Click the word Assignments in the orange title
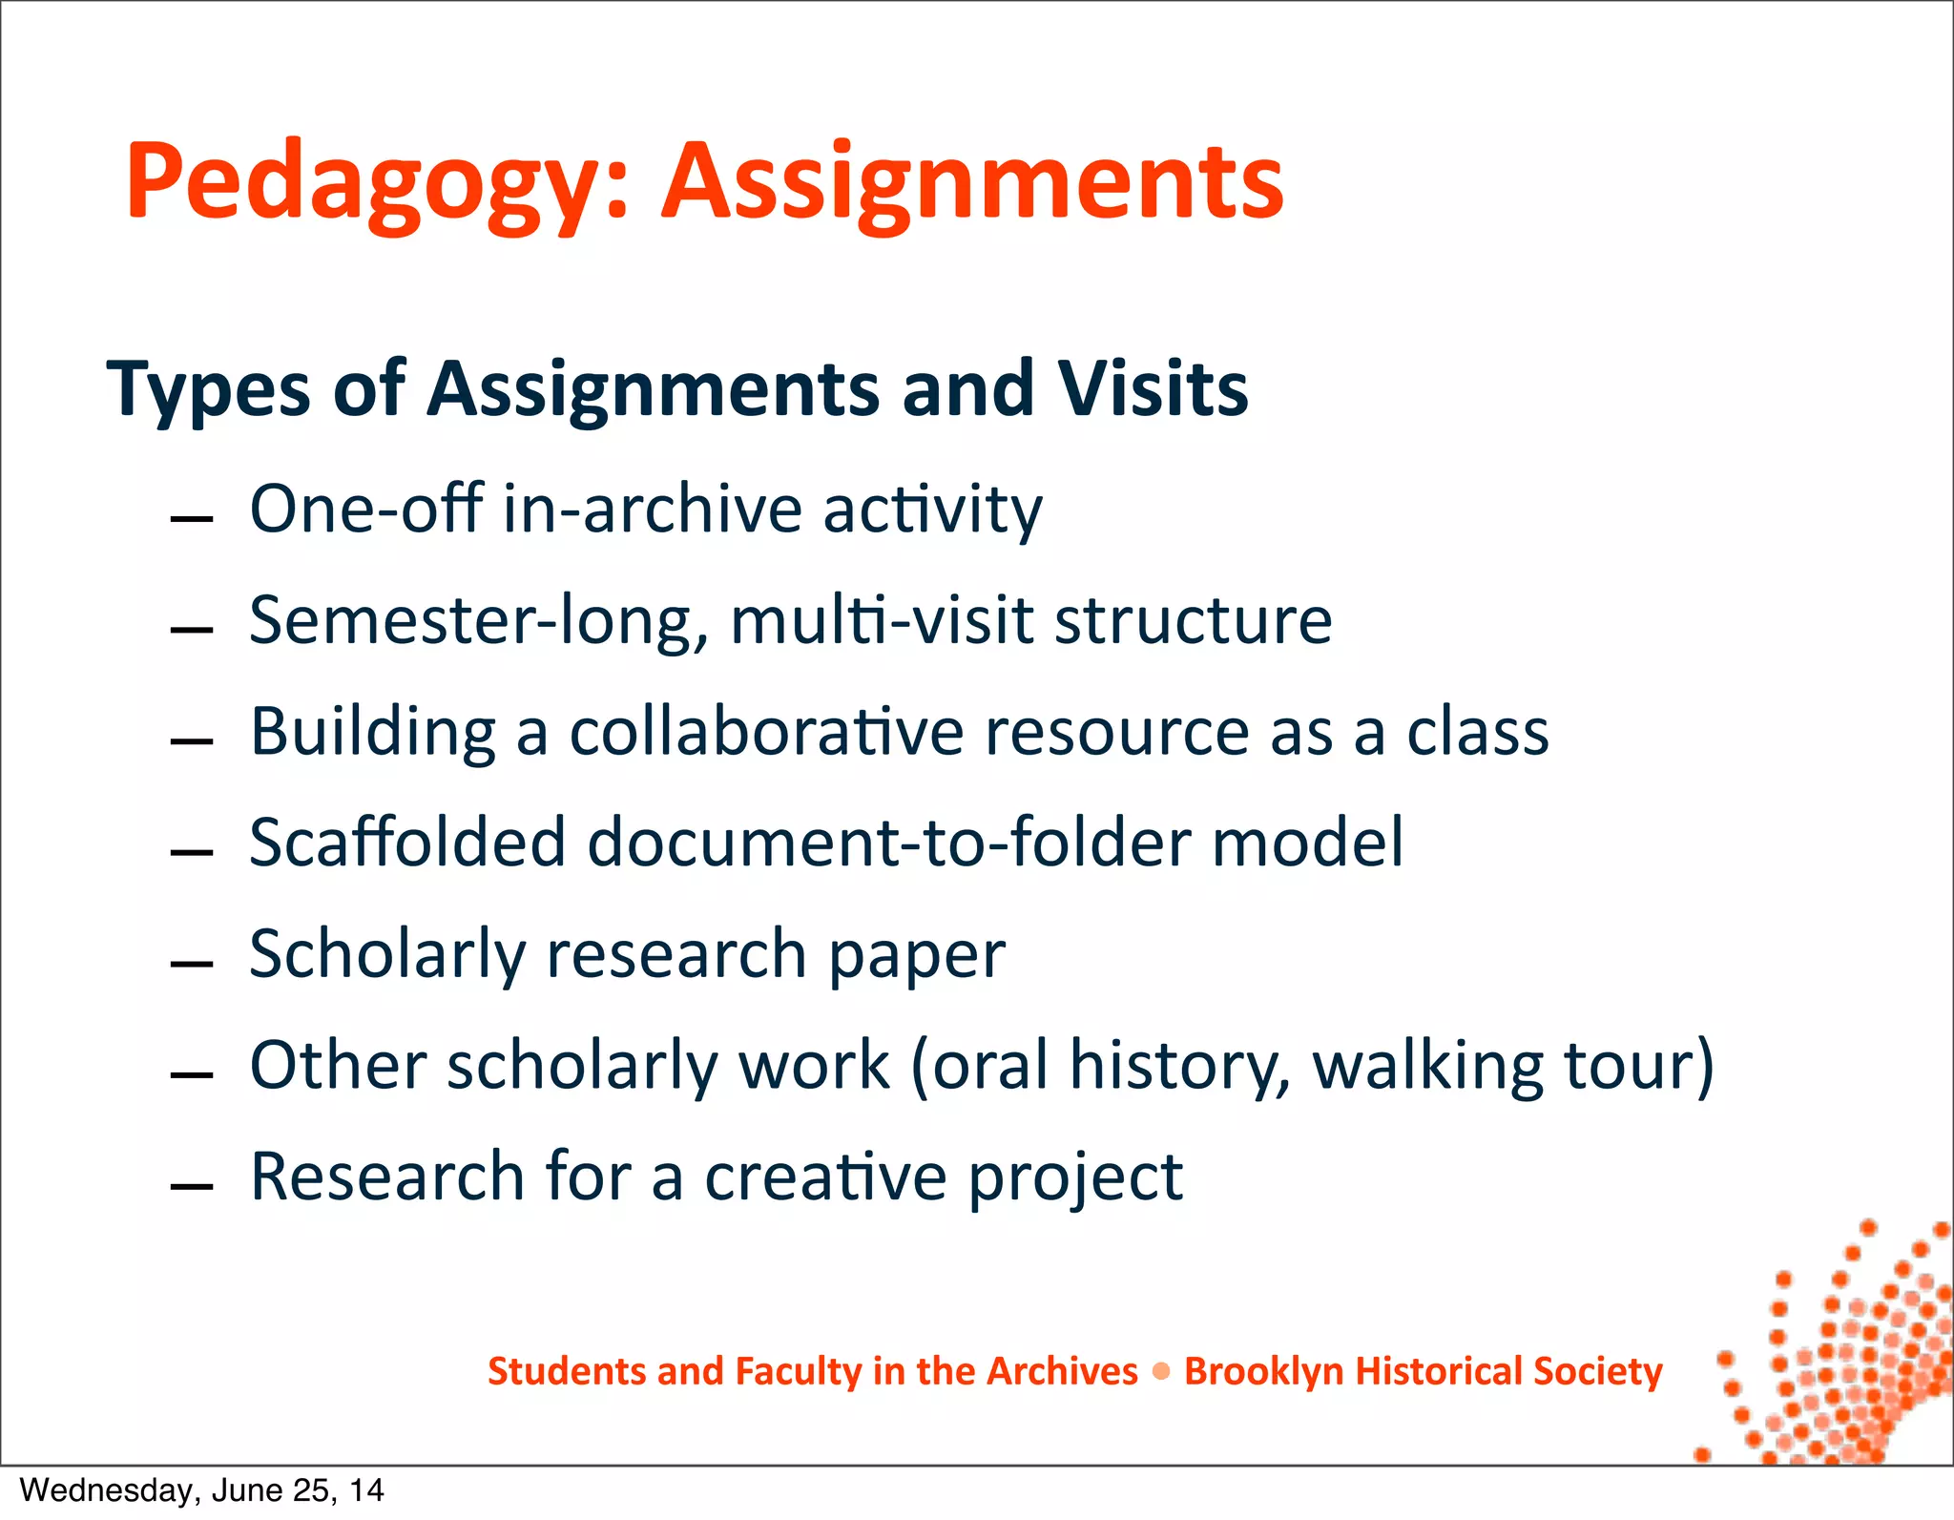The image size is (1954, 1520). (973, 183)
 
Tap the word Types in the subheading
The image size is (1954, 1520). (208, 389)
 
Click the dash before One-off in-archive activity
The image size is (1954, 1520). (191, 519)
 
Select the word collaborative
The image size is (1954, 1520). (767, 733)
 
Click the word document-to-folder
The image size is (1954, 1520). (887, 843)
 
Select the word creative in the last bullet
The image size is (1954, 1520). (824, 1177)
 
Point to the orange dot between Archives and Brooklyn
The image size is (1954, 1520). (1161, 1372)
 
